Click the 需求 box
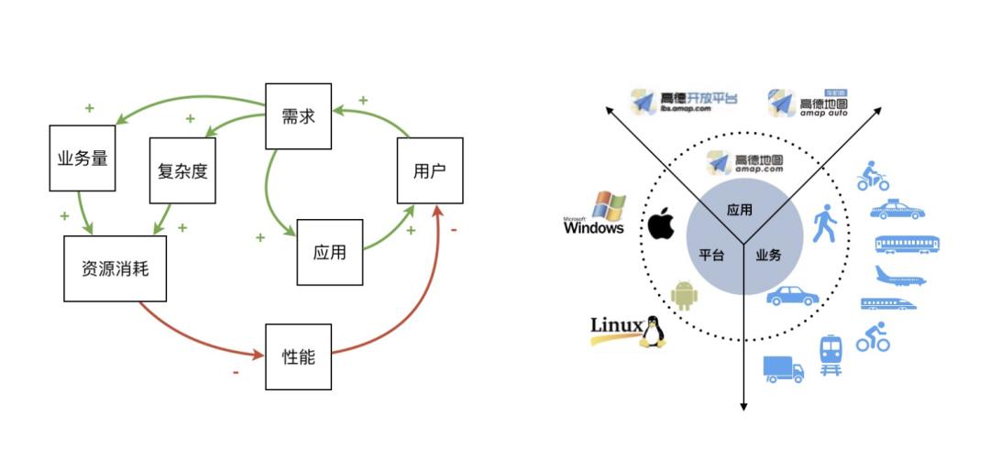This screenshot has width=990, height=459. coord(298,116)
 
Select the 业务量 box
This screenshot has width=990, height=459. coord(82,158)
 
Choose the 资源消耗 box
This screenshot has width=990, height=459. coord(115,268)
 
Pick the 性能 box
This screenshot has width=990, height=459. coord(298,356)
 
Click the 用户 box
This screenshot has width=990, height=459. coord(430,170)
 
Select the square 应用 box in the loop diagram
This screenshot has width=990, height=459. coord(329,252)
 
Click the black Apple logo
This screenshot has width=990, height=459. coord(661,224)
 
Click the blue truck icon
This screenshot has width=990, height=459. coord(783,368)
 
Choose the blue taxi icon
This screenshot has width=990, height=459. coord(896,210)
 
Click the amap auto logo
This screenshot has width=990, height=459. coord(808,104)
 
